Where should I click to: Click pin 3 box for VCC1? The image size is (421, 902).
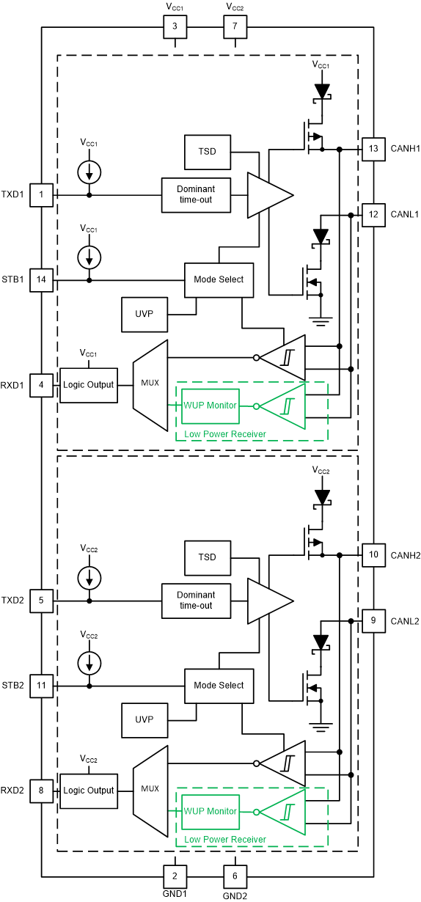tap(175, 28)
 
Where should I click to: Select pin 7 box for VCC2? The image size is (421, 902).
tap(235, 28)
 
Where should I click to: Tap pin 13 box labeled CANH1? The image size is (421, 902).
tap(373, 150)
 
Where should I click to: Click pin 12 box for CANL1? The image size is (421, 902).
tap(373, 215)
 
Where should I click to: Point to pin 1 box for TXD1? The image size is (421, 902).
tap(41, 194)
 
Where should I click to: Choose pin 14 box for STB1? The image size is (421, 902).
tap(41, 280)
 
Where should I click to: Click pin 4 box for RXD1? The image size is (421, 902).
tap(41, 385)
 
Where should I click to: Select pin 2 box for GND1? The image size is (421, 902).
tap(175, 876)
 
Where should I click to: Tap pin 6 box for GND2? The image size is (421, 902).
tap(235, 876)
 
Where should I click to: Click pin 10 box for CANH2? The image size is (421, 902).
tap(373, 555)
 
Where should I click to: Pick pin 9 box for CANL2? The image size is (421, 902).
tap(373, 621)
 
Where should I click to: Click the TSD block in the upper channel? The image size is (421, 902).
tap(208, 152)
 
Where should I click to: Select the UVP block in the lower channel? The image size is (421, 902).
tap(144, 719)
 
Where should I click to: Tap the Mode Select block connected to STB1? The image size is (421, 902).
tap(219, 280)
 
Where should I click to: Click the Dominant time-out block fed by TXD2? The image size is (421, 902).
tap(196, 601)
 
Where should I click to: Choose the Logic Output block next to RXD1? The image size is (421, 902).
tap(88, 385)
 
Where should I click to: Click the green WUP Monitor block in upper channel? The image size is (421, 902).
tap(210, 406)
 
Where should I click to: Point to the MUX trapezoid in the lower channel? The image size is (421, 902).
tap(150, 790)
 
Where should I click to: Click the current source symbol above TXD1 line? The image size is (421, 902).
tap(89, 172)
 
